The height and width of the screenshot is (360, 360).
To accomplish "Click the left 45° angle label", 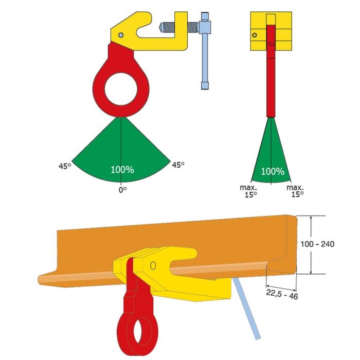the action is tap(65, 166).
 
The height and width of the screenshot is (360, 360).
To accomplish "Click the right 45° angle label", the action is tap(178, 165).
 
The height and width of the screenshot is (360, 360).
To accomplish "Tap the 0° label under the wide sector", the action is tap(122, 190).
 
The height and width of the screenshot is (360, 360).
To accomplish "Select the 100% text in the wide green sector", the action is tap(122, 170).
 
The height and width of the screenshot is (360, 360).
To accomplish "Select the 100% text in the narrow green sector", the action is tap(273, 171).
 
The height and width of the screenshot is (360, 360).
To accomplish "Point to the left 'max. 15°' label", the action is tap(248, 191).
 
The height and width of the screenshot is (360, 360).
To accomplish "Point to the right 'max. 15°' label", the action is tap(295, 191).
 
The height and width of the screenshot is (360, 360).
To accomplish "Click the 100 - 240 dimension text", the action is tap(317, 244).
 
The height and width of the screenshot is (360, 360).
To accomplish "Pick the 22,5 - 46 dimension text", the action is tap(282, 294).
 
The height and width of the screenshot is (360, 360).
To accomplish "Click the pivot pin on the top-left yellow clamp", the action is tap(121, 35).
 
